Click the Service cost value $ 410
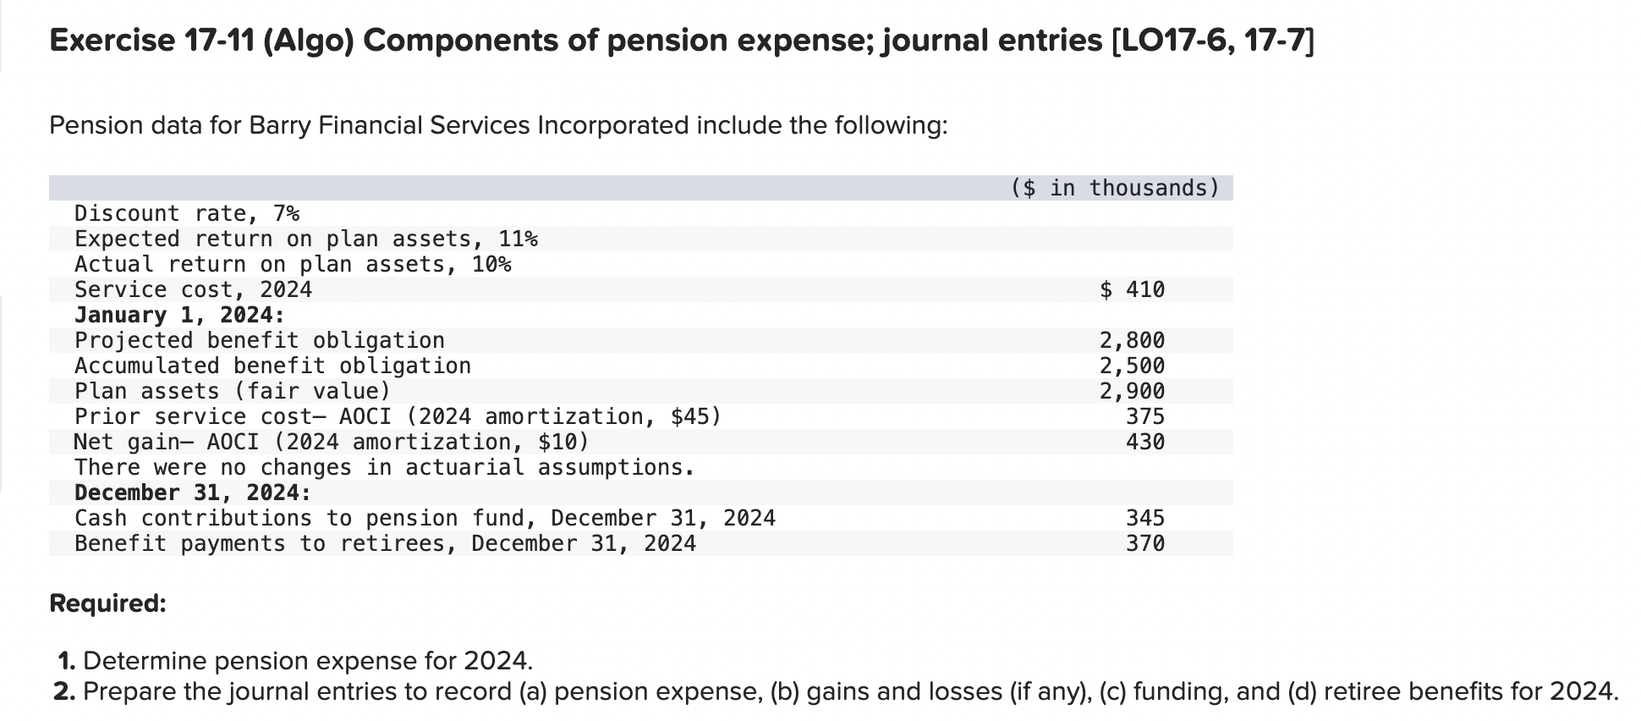(1133, 289)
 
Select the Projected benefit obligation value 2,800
(1132, 340)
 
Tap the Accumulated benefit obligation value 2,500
(1132, 366)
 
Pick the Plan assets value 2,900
(1132, 391)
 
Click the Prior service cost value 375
(1145, 416)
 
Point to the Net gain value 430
(1145, 442)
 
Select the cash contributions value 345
(1145, 518)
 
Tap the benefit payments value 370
(1145, 543)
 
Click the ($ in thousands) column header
(1116, 188)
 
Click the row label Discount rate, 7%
(187, 213)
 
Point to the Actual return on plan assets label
(293, 264)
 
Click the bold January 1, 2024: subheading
(179, 315)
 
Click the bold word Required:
(108, 603)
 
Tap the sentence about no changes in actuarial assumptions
(385, 467)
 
